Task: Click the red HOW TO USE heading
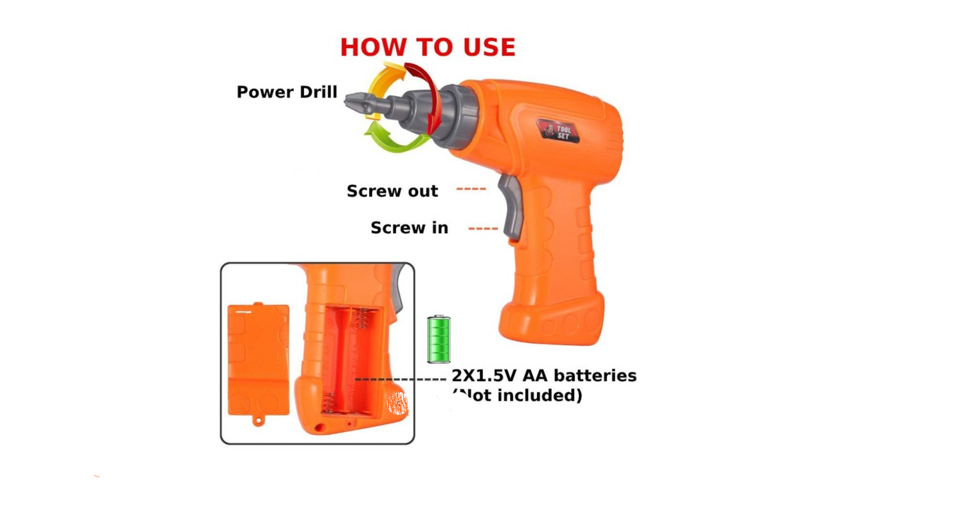[428, 47]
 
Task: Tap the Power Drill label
[287, 91]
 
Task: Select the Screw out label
[392, 191]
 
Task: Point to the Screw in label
[409, 228]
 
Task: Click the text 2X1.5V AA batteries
[544, 376]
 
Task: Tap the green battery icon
[439, 339]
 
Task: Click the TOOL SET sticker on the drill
[558, 131]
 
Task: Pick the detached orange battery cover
[258, 360]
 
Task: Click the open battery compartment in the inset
[351, 361]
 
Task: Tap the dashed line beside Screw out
[471, 189]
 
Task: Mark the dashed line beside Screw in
[483, 228]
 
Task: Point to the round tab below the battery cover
[258, 421]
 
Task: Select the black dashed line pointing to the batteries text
[400, 379]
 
